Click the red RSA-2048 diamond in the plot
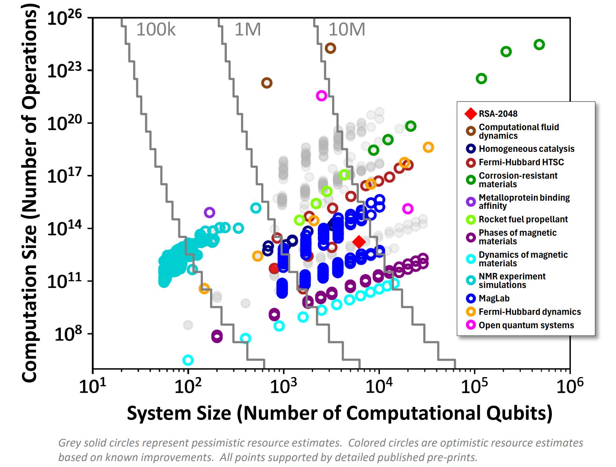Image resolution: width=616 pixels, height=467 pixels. pos(359,242)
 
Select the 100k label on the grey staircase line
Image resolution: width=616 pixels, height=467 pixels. pos(156,30)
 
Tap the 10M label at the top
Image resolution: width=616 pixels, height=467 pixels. pos(347,30)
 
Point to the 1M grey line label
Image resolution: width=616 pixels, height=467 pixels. pos(247,30)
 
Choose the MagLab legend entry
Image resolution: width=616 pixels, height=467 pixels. pos(494,298)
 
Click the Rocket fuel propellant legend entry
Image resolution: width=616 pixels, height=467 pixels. pos(523,219)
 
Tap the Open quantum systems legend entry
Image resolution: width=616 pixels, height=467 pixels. pos(526,325)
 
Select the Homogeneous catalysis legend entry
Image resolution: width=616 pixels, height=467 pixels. pos(526,149)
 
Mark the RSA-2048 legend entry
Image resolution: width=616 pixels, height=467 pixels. pos(498,114)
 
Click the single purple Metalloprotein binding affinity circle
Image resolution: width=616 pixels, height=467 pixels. pos(209,213)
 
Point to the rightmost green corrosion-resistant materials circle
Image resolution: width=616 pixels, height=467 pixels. pos(539,45)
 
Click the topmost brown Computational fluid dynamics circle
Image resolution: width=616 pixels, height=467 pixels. pos(330,48)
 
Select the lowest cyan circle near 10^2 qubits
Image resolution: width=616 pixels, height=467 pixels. pos(188,360)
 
